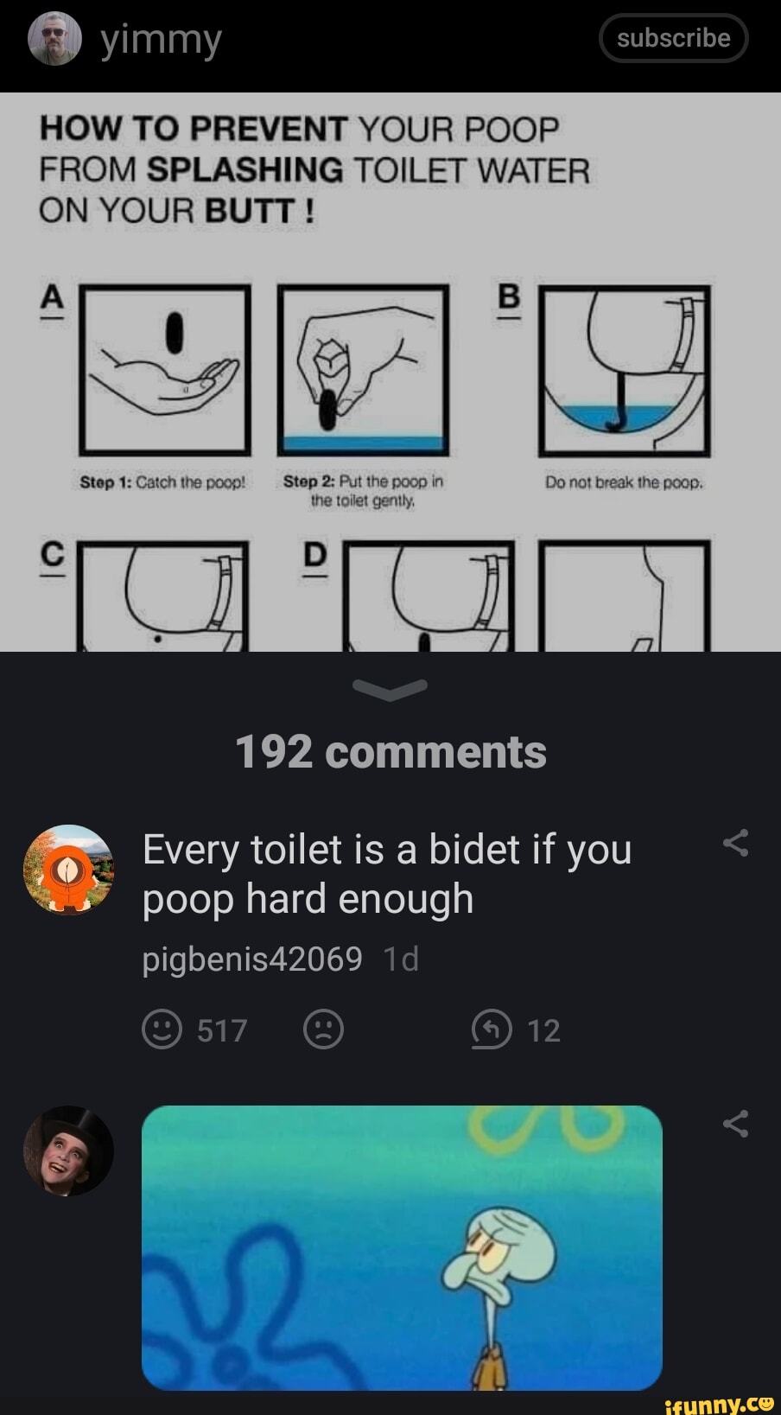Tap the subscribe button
673,38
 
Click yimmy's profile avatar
54,39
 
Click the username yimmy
161,40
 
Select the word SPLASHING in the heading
244,169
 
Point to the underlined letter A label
53,297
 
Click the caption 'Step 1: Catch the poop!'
162,482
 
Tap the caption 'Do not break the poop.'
624,482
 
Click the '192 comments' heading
390,752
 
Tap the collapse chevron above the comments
390,689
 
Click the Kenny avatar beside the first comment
68,870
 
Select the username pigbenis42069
252,959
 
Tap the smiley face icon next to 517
162,1029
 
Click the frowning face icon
324,1029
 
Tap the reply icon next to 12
492,1029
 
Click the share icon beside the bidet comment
735,843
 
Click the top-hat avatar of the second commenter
68,1150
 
